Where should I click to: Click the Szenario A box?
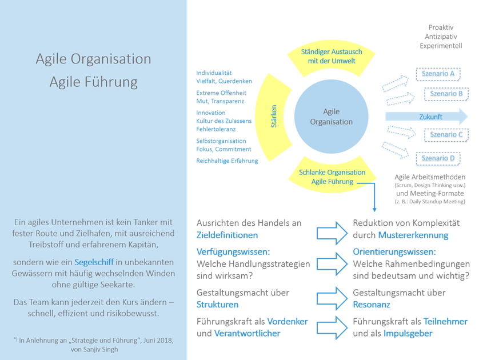(438, 74)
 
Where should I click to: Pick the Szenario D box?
(438, 157)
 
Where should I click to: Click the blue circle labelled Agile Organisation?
(331, 117)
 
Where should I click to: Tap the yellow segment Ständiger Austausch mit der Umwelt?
(331, 57)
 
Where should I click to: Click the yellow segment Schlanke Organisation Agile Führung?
(331, 177)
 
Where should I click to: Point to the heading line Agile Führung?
(93, 82)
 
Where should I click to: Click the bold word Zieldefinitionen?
(227, 235)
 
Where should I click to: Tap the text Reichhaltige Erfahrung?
(227, 161)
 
